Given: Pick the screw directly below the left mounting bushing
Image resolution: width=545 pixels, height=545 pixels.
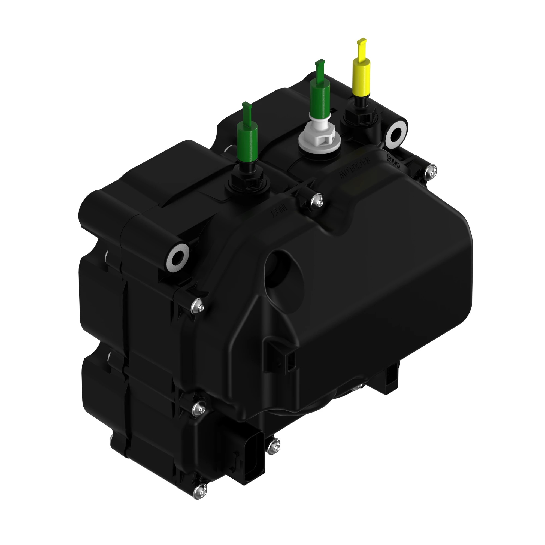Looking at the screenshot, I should (x=198, y=305).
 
